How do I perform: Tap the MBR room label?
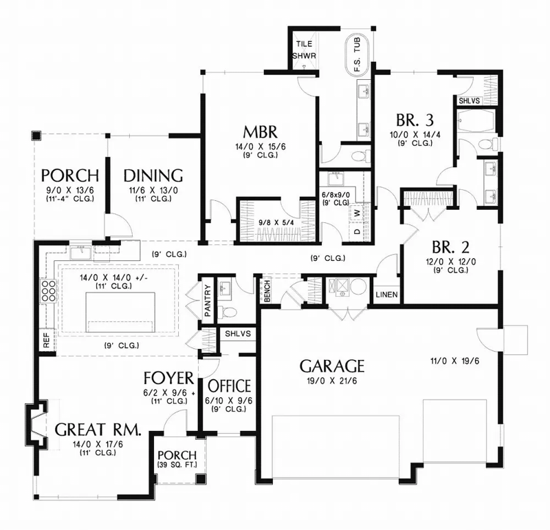point(258,131)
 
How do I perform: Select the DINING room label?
point(153,175)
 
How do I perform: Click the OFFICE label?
point(229,385)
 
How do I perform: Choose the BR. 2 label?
point(450,246)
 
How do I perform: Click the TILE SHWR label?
point(303,48)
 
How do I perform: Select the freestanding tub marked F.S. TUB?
point(357,53)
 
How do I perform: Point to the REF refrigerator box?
point(46,342)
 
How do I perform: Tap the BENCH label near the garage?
point(266,290)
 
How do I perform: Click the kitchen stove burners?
point(49,294)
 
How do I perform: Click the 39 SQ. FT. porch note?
point(177,466)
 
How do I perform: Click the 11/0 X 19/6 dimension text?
point(451,360)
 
